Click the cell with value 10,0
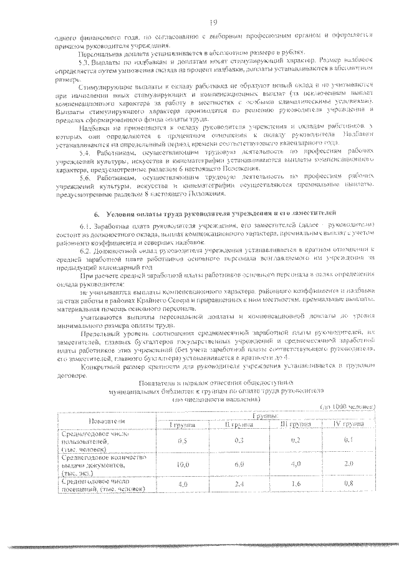(183, 464)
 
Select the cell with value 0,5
(183, 440)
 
